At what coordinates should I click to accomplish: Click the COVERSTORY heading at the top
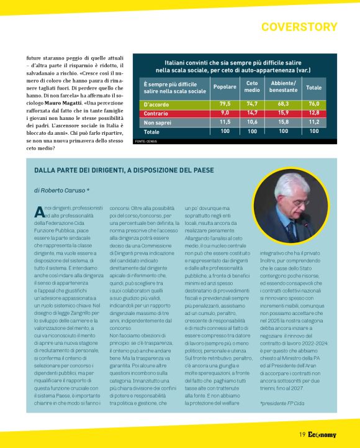point(299,27)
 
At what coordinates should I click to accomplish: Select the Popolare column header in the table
point(225,87)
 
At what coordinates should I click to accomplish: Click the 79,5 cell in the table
point(225,104)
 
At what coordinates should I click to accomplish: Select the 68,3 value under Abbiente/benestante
point(283,104)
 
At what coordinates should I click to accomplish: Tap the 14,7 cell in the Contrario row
point(252,113)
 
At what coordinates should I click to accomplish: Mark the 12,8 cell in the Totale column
point(313,113)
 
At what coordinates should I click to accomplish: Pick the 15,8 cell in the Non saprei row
point(283,122)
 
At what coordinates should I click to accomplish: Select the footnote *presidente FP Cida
point(282,404)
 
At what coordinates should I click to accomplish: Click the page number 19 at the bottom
point(302,434)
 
